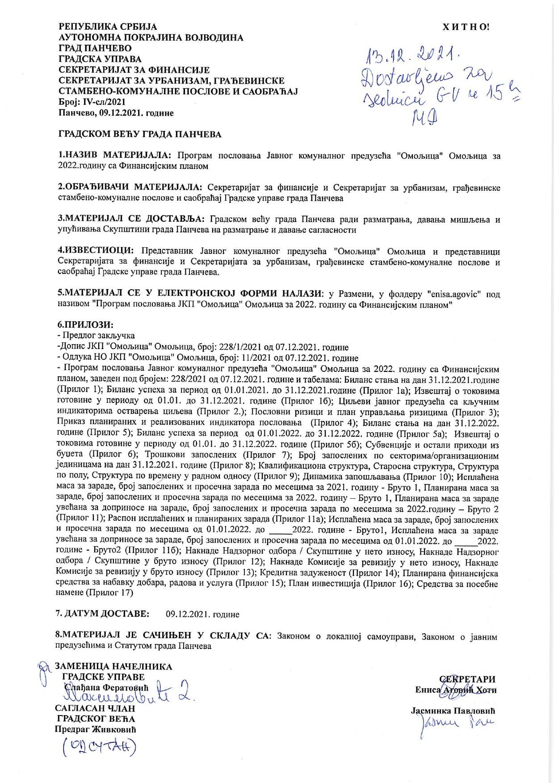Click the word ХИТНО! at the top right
click(x=466, y=27)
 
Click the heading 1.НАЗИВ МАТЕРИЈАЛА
click(x=114, y=156)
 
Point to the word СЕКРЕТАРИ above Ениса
click(x=469, y=679)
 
